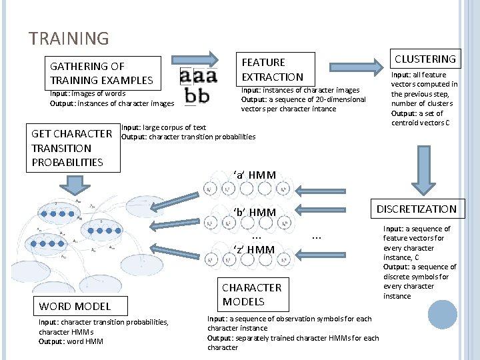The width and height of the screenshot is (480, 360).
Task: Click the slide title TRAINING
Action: (68, 39)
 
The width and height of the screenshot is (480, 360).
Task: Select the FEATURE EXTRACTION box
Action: (273, 69)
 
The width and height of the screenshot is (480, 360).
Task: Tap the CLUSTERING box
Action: (425, 59)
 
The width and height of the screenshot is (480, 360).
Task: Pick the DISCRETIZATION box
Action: (417, 209)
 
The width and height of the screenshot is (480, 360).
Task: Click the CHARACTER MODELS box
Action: (252, 294)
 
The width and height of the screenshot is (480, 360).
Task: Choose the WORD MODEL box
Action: (75, 306)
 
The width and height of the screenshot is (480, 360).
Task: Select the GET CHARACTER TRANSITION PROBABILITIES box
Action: (72, 147)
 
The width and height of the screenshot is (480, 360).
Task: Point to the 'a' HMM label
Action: (254, 175)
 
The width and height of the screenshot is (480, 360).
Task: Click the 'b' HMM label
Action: (254, 213)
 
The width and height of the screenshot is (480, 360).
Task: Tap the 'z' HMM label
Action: (254, 250)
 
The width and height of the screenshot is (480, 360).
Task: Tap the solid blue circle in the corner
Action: (443, 315)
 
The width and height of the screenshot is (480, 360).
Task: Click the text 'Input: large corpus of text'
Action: (163, 127)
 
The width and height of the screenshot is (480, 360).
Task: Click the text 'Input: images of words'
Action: (87, 93)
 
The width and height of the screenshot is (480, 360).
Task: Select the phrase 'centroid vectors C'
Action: (420, 123)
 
